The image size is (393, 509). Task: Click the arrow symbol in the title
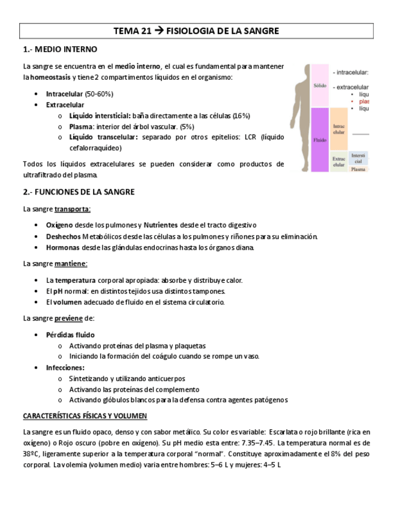pos(158,31)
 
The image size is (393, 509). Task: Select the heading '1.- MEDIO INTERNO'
pos(60,49)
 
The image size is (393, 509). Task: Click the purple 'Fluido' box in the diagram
pos(320,140)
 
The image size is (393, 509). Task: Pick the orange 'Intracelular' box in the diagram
pos(339,129)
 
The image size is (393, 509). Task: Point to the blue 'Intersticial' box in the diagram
pos(358,158)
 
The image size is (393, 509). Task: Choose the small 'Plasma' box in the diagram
pos(358,169)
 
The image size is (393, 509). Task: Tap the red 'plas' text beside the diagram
pos(364,101)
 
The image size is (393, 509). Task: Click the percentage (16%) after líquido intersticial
pos(241,116)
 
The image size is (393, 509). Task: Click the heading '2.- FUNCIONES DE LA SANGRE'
pos(79,192)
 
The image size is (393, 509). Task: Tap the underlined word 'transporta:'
pos(73,209)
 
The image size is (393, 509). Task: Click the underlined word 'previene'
pos(68,318)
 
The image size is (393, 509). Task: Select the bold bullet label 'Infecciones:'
pos(65,367)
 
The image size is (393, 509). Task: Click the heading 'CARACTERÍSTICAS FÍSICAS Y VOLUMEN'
pos(85,416)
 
